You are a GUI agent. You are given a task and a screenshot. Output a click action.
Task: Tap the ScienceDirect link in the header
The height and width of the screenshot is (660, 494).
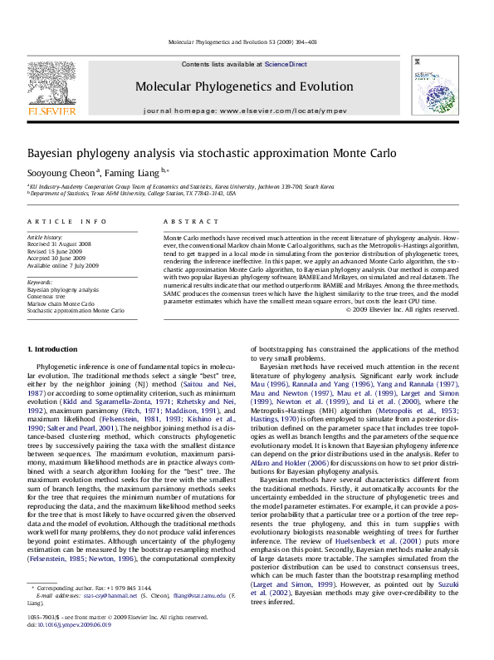286,64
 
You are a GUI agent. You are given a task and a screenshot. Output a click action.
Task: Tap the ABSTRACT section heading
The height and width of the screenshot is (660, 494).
179,222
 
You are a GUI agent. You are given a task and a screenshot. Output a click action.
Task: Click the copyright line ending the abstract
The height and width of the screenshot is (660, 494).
402,310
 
